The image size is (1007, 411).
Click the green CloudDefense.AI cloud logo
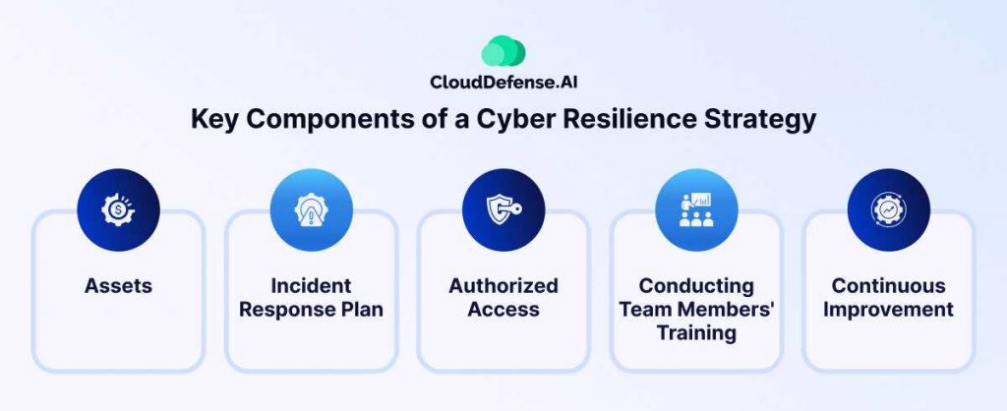(503, 51)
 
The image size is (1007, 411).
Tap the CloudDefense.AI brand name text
(503, 83)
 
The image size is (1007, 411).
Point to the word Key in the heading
(212, 120)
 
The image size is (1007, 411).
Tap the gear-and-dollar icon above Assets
(118, 210)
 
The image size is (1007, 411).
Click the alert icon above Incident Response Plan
(311, 210)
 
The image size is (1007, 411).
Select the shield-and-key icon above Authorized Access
(503, 210)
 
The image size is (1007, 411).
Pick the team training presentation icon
(696, 210)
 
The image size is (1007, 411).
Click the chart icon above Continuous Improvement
(889, 210)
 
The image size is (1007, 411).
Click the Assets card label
(118, 286)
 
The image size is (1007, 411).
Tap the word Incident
(311, 286)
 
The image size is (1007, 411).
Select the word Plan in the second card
(363, 310)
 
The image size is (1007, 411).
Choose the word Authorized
(503, 286)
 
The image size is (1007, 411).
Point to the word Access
(503, 310)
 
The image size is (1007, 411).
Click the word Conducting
(696, 286)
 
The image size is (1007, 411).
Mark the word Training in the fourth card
(696, 333)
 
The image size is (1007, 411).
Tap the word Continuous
(889, 286)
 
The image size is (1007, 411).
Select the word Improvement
(889, 310)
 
